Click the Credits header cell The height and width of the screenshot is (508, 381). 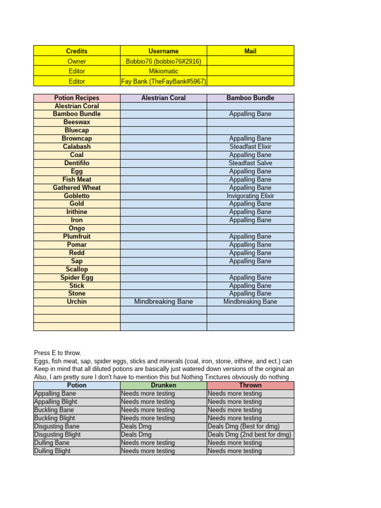(x=76, y=51)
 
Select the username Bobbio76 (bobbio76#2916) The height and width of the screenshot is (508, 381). (x=163, y=61)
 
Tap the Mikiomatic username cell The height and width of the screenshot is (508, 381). (x=163, y=71)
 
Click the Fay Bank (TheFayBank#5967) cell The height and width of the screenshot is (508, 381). (x=164, y=81)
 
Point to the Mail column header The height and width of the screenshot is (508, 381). (x=250, y=51)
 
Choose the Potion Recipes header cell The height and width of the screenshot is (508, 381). (x=76, y=98)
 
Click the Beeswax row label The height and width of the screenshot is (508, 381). (x=76, y=122)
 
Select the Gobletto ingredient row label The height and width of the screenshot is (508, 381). (x=76, y=196)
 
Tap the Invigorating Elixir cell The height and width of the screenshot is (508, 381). (x=250, y=196)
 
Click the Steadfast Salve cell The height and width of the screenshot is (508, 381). (x=250, y=163)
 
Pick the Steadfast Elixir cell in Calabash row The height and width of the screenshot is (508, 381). (x=250, y=147)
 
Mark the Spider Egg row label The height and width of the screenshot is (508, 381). (x=76, y=277)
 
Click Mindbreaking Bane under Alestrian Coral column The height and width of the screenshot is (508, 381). (x=163, y=302)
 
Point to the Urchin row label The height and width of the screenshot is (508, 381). (x=76, y=302)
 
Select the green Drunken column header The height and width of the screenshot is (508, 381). (x=163, y=385)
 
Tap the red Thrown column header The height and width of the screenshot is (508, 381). (x=250, y=385)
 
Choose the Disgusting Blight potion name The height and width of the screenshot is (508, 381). (x=57, y=435)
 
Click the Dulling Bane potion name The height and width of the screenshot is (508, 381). (x=52, y=443)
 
